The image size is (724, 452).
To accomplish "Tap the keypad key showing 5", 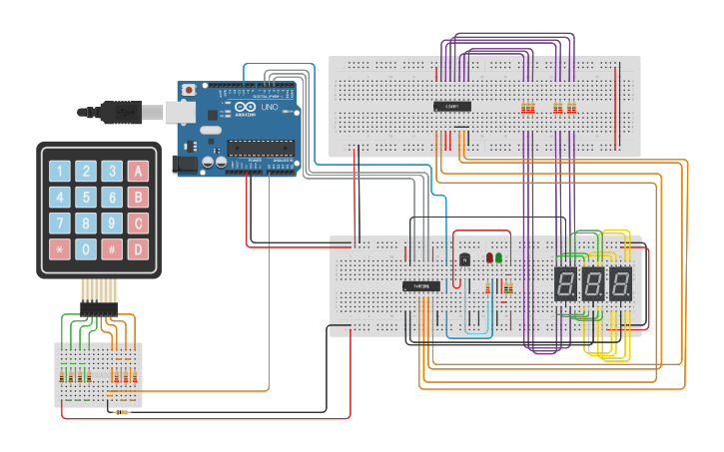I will (86, 197).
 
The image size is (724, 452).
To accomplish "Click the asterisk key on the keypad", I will (60, 248).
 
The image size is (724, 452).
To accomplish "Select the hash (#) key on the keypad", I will (112, 248).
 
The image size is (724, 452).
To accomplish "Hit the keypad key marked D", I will (138, 248).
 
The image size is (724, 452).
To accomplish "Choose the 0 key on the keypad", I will (86, 248).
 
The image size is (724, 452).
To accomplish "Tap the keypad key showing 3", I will (112, 171).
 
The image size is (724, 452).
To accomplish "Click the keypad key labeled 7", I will (60, 223).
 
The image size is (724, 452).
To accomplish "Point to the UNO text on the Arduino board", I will (269, 107).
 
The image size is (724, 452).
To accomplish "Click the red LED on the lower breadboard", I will (489, 257).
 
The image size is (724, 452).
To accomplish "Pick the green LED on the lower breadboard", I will (499, 257).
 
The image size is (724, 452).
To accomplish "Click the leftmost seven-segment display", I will (566, 283).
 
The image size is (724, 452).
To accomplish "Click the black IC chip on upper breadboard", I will (451, 106).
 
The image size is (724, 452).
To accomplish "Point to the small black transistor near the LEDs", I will (464, 259).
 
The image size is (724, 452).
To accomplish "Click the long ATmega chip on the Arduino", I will (261, 149).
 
